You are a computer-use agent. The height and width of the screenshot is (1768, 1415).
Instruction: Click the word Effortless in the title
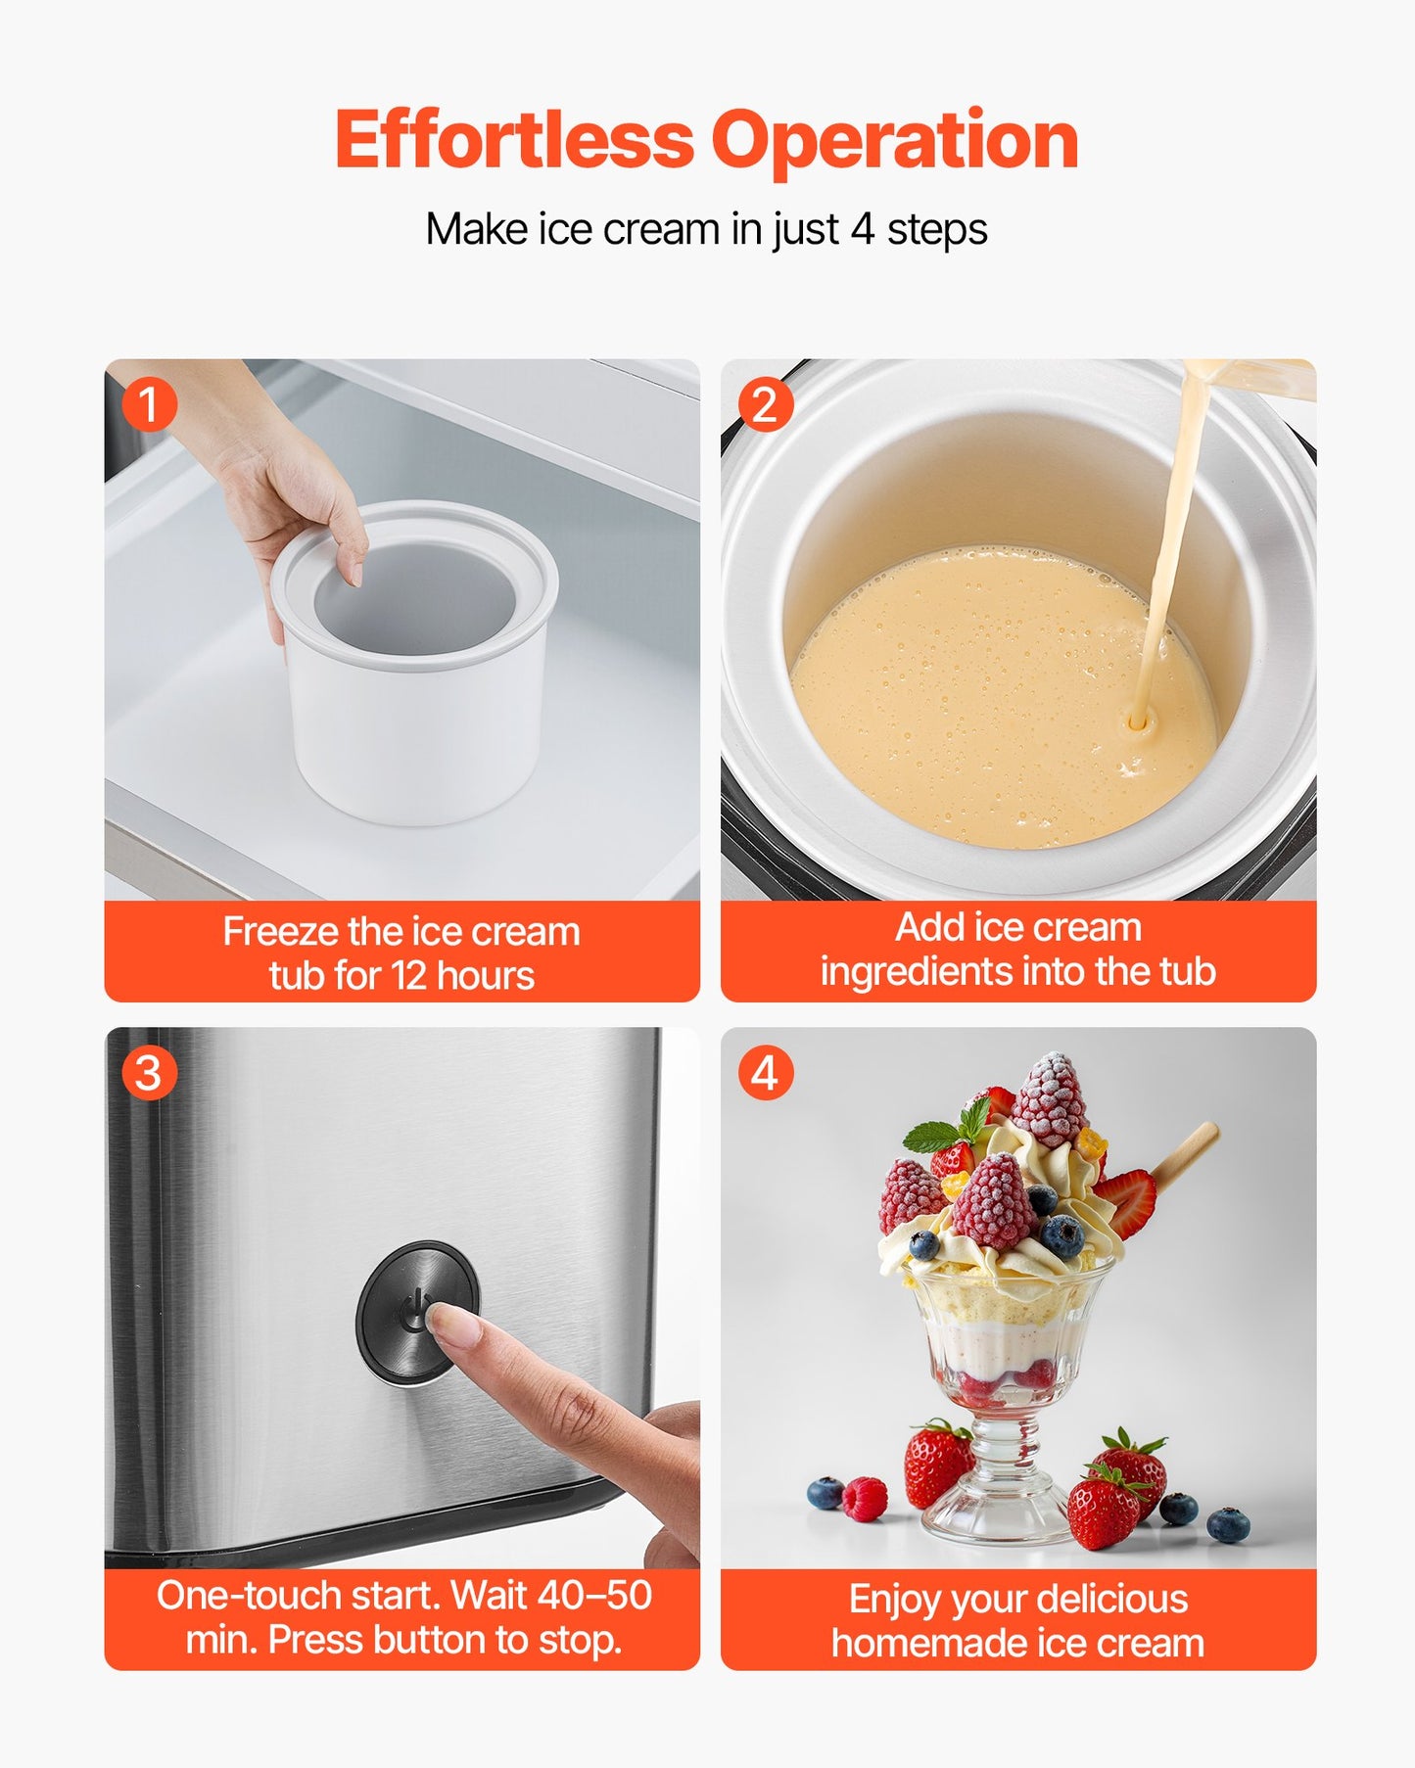pyautogui.click(x=513, y=141)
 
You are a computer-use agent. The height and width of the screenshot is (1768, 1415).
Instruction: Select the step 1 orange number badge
pyautogui.click(x=149, y=404)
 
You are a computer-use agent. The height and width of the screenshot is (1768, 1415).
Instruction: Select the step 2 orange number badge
pyautogui.click(x=765, y=404)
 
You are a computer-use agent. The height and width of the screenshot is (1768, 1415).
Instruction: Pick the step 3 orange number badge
pyautogui.click(x=149, y=1073)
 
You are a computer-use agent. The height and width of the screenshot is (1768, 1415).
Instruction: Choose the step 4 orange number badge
pyautogui.click(x=765, y=1073)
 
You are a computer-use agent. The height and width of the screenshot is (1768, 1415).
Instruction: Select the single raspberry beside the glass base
pyautogui.click(x=865, y=1499)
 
